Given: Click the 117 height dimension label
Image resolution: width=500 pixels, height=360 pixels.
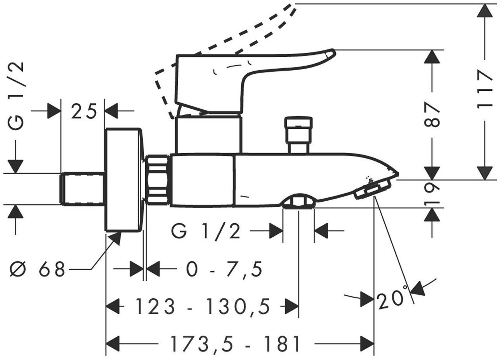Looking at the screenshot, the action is point(484,90).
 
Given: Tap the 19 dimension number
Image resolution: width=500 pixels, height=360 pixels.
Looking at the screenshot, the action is point(432,194).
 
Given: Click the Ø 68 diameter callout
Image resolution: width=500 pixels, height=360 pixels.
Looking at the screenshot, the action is point(38,269).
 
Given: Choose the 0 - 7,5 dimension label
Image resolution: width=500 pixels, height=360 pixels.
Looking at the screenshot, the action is point(224,270).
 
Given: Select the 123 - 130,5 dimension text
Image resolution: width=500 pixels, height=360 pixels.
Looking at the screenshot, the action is point(203,307).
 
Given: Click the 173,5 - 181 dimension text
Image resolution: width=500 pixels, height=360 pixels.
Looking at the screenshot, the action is point(235,344).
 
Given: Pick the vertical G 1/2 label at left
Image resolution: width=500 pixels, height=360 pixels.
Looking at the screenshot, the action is point(16,95).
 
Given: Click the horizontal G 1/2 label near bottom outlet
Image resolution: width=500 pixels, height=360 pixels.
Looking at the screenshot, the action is point(206,232).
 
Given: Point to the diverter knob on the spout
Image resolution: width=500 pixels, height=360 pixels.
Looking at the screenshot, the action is point(299,135).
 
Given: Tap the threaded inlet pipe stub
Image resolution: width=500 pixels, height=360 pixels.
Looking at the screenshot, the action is point(82,188).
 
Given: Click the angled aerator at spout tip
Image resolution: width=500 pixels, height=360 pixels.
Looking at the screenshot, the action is point(372,189).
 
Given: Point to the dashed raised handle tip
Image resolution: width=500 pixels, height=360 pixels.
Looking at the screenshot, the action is point(295,5).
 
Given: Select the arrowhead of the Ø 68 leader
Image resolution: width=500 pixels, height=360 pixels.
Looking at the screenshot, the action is point(117,238).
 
